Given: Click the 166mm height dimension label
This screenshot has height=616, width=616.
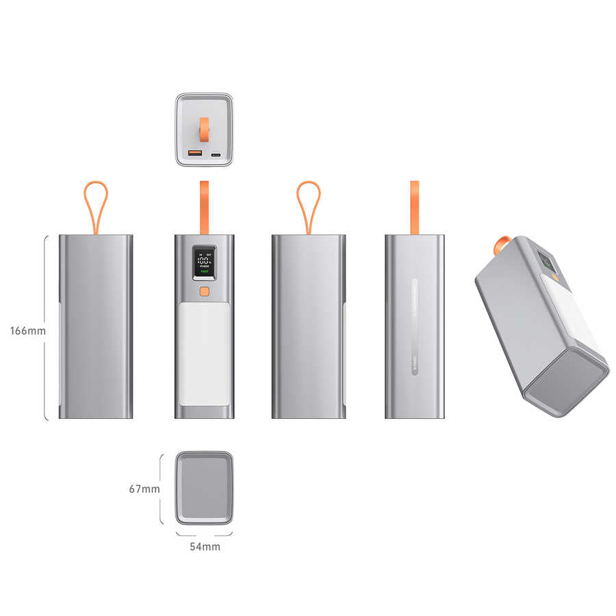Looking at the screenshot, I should tap(27, 331).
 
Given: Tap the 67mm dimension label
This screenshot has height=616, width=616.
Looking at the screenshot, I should tap(144, 489).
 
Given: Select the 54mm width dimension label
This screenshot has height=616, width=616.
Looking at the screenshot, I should tap(205, 547).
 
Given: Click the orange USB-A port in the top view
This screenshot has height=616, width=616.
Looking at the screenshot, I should tap(194, 154).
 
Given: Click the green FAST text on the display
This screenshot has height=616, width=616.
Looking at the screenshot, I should tap(204, 272).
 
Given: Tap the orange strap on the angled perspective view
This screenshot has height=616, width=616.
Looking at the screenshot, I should tap(500, 243).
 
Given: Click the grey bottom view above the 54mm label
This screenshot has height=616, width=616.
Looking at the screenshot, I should tap(204, 487).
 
